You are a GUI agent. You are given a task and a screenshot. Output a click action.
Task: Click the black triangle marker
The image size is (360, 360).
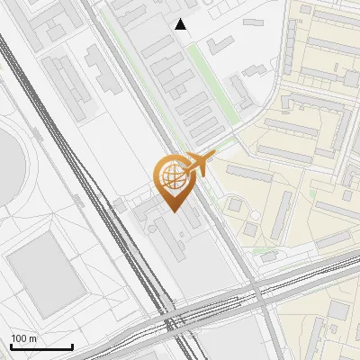181,24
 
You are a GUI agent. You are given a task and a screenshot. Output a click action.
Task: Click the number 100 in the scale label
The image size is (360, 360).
19,338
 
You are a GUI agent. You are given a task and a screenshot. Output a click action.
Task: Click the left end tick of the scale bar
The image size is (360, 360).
11,346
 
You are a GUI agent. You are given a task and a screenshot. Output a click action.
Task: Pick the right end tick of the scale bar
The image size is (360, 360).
72,346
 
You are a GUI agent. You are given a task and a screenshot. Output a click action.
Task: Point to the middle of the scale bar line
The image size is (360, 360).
41,347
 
